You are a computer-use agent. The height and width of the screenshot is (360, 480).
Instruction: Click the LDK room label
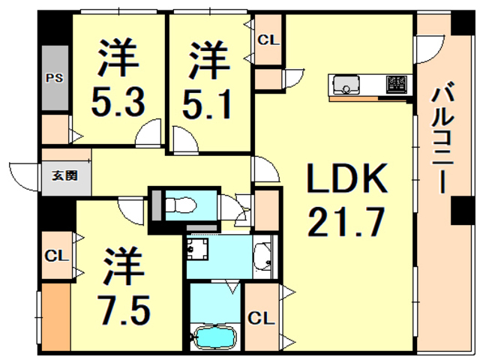point(346,180)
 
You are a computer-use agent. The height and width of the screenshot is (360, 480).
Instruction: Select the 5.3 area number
point(118,100)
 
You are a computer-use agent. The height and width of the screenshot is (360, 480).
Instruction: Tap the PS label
point(54,78)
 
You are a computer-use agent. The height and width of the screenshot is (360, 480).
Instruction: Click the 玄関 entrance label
point(63,178)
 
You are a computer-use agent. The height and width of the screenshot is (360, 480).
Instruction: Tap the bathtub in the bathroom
point(214,338)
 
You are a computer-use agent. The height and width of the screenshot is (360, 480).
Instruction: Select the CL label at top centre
point(268,40)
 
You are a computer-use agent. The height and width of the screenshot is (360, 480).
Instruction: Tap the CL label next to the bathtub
point(260,318)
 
